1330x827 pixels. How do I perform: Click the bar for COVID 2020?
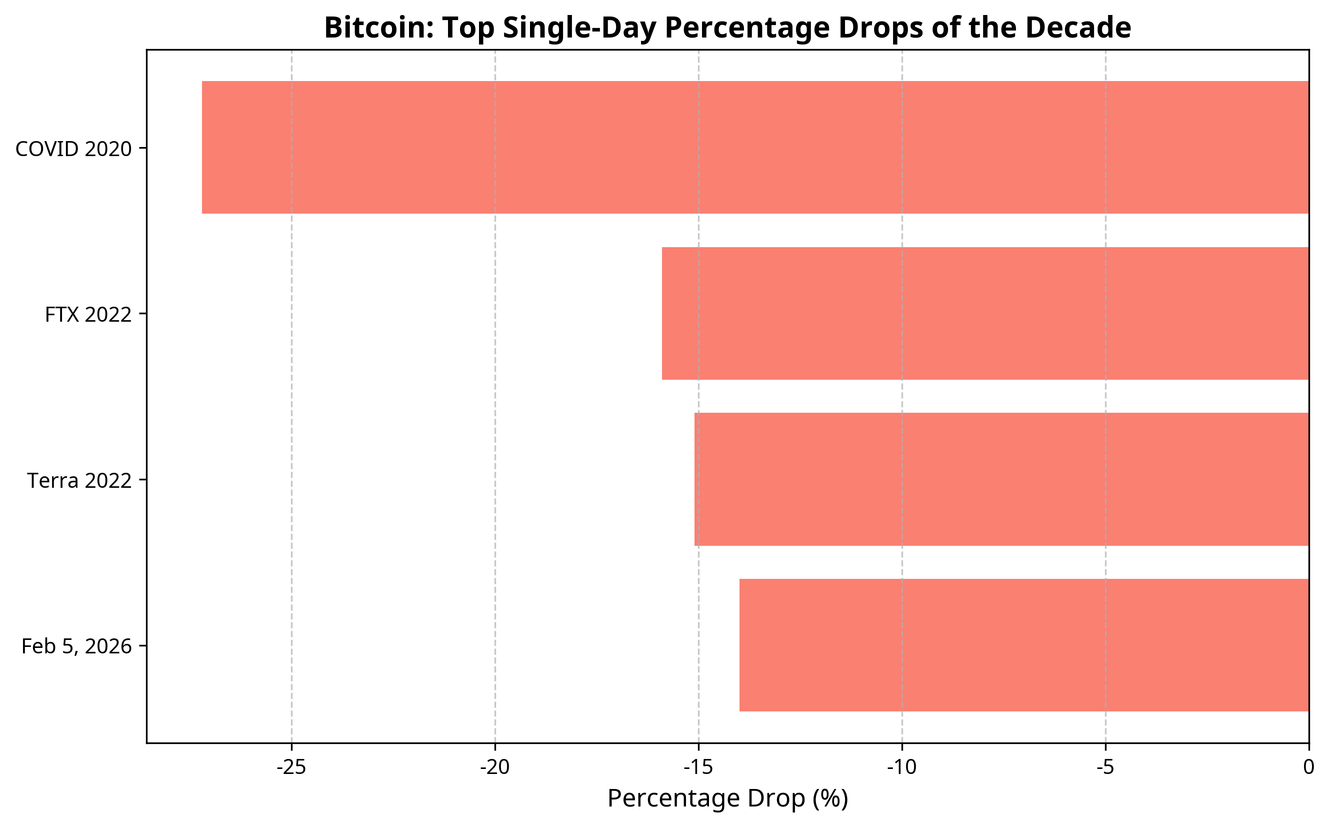(x=755, y=148)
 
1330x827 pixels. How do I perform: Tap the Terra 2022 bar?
(x=1001, y=480)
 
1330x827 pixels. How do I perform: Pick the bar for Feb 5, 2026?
(x=1024, y=645)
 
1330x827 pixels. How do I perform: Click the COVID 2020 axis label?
(x=74, y=149)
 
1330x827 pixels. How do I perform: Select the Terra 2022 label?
(x=80, y=481)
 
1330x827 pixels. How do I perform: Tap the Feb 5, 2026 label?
(x=76, y=646)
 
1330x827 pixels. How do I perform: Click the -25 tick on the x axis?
(x=291, y=768)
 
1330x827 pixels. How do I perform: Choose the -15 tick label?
(x=698, y=768)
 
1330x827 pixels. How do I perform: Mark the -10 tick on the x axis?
(x=901, y=768)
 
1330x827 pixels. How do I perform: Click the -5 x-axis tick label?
(x=1105, y=768)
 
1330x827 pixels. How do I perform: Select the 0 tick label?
(x=1308, y=768)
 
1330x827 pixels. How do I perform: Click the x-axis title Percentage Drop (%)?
(x=727, y=799)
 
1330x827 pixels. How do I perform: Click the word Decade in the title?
(x=1078, y=29)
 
